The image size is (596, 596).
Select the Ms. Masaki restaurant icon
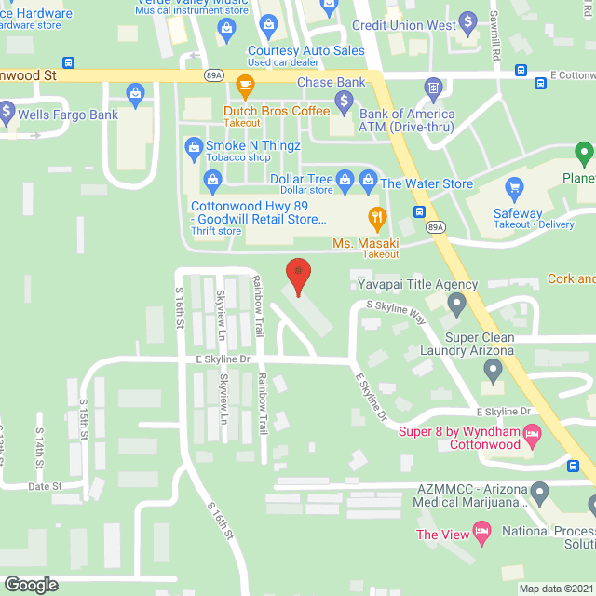(377, 221)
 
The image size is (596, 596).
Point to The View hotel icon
(481, 534)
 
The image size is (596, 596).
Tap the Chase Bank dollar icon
(345, 99)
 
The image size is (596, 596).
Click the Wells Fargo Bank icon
(7, 115)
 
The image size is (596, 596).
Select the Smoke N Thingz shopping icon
(194, 145)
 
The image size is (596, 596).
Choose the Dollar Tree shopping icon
(345, 178)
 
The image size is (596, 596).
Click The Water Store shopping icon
(370, 178)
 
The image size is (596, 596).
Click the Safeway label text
(518, 213)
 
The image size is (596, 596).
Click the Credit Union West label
(417, 25)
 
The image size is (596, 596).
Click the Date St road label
(45, 486)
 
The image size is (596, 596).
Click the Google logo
(30, 584)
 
